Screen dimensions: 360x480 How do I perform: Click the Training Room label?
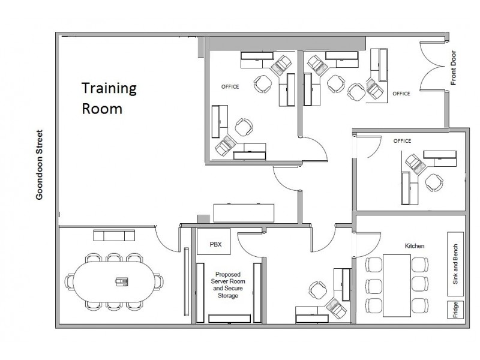(109, 99)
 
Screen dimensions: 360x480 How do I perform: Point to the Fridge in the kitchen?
(455, 311)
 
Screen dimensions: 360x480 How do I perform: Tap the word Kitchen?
(414, 246)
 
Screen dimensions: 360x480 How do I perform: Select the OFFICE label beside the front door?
(401, 94)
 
